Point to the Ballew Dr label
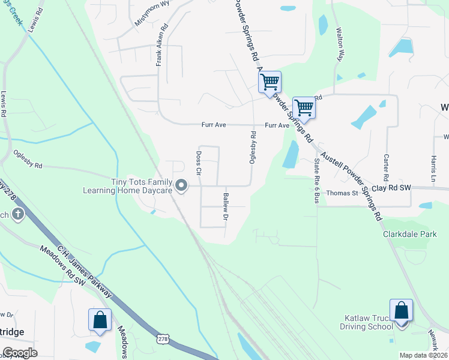[226, 206]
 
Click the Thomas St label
[342, 193]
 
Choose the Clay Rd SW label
[391, 188]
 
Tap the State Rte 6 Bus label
[316, 181]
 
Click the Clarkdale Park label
[410, 234]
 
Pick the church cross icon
[19, 214]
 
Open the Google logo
[20, 353]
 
